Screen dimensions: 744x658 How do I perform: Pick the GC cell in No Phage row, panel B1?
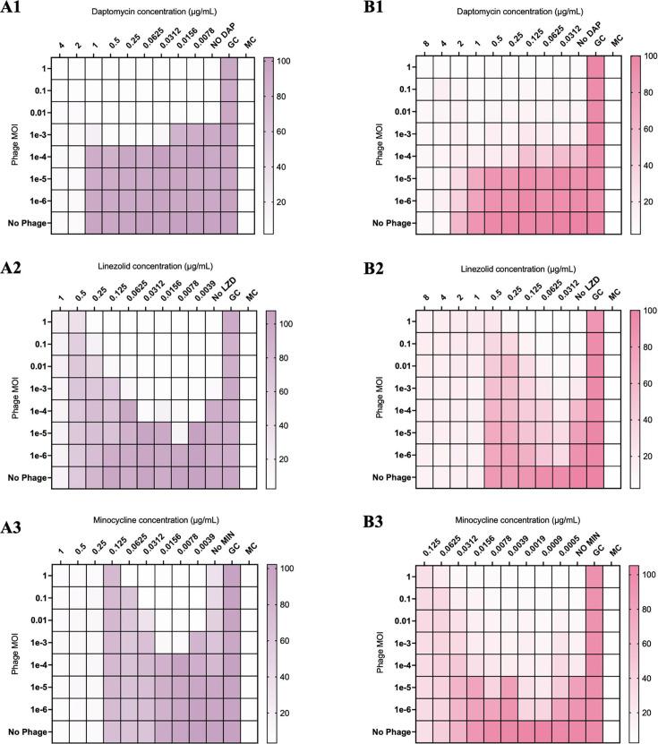pyautogui.click(x=595, y=221)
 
